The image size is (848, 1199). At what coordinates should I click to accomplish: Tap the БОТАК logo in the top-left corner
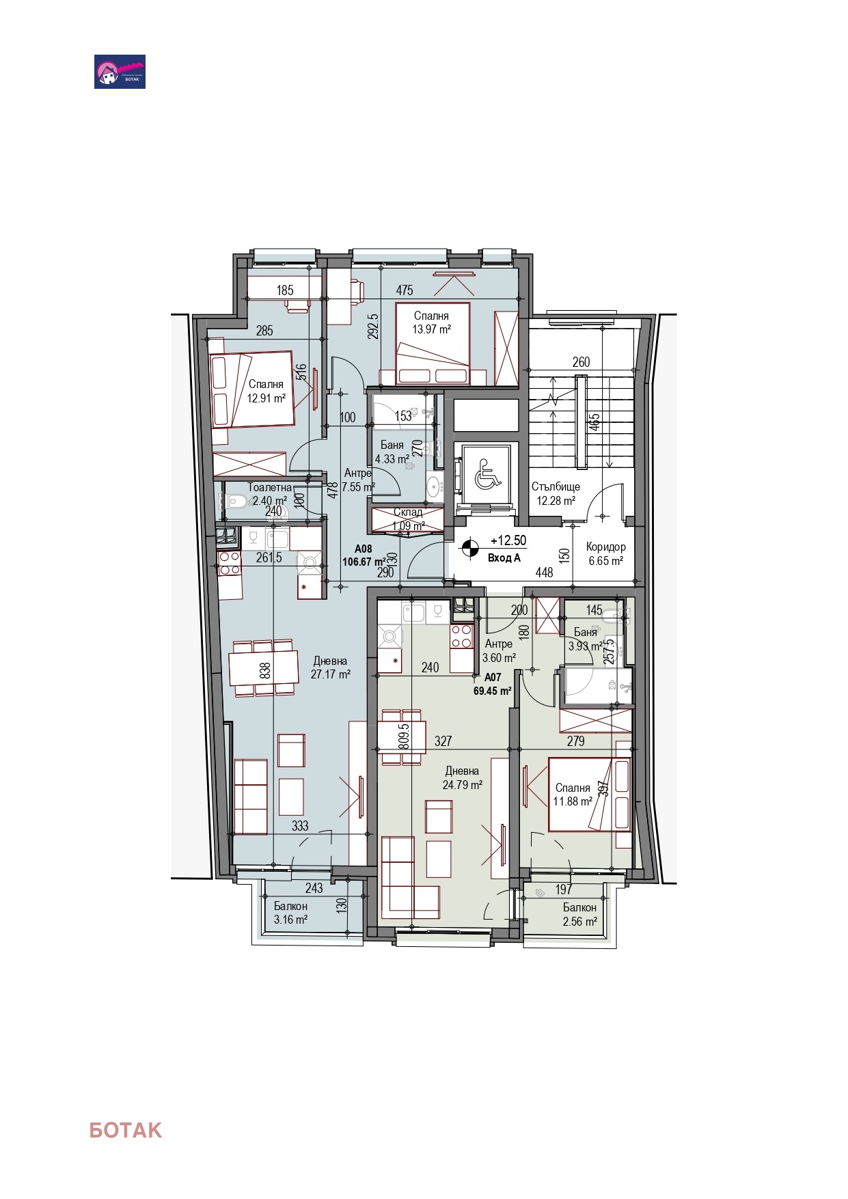click(x=120, y=72)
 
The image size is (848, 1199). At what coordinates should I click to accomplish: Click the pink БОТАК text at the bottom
click(x=125, y=1130)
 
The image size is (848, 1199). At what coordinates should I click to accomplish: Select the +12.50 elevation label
click(x=508, y=540)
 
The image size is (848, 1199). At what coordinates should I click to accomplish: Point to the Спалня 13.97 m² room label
click(x=431, y=322)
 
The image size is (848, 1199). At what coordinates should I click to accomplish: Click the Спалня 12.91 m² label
click(x=266, y=391)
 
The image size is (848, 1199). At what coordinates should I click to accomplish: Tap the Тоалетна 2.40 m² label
click(x=269, y=494)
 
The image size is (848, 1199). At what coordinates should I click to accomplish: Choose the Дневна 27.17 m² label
click(x=330, y=667)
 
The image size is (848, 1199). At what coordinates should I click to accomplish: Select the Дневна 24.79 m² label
click(x=462, y=778)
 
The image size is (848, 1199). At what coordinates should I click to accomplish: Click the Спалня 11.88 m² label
click(x=572, y=795)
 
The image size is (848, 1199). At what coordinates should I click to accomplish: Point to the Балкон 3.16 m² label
click(x=290, y=913)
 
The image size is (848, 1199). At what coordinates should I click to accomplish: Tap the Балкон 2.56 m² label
click(x=579, y=914)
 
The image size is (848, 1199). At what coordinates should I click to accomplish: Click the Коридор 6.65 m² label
click(x=605, y=554)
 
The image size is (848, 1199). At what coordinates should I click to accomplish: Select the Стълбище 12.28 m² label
click(x=556, y=493)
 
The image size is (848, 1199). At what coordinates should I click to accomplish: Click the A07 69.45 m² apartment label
click(x=493, y=684)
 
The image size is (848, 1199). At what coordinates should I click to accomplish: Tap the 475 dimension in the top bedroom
click(x=405, y=290)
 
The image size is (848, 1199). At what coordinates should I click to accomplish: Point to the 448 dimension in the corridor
click(x=544, y=573)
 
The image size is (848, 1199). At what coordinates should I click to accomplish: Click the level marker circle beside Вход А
click(x=469, y=548)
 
